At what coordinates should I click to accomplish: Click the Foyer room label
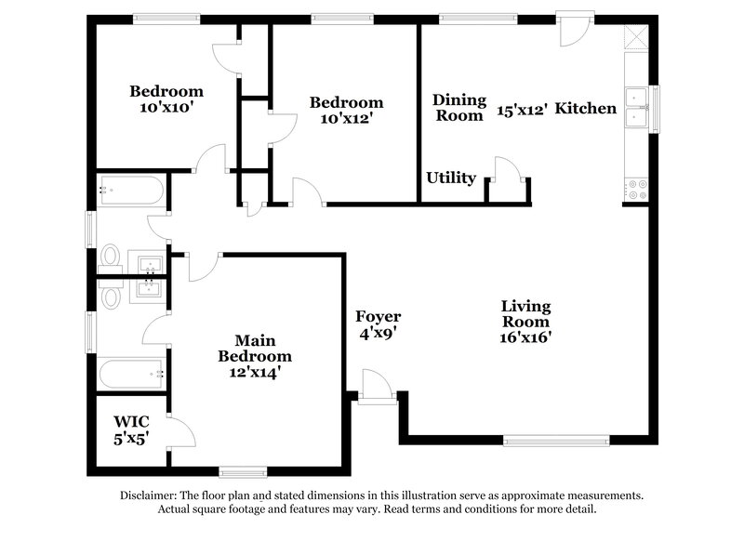tap(379, 317)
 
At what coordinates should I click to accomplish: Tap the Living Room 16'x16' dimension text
tap(525, 337)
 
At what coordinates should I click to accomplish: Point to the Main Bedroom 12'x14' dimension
tap(249, 372)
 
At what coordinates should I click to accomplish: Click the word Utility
tap(451, 178)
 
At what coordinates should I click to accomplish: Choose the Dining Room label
tap(459, 108)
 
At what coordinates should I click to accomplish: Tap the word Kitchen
tap(588, 109)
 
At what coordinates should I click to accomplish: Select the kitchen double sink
tap(637, 108)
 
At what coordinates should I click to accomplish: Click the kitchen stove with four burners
tap(637, 190)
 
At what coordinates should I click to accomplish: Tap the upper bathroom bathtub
tap(131, 191)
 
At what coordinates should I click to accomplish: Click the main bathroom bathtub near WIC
tap(131, 376)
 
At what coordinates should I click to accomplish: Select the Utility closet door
tap(506, 174)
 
